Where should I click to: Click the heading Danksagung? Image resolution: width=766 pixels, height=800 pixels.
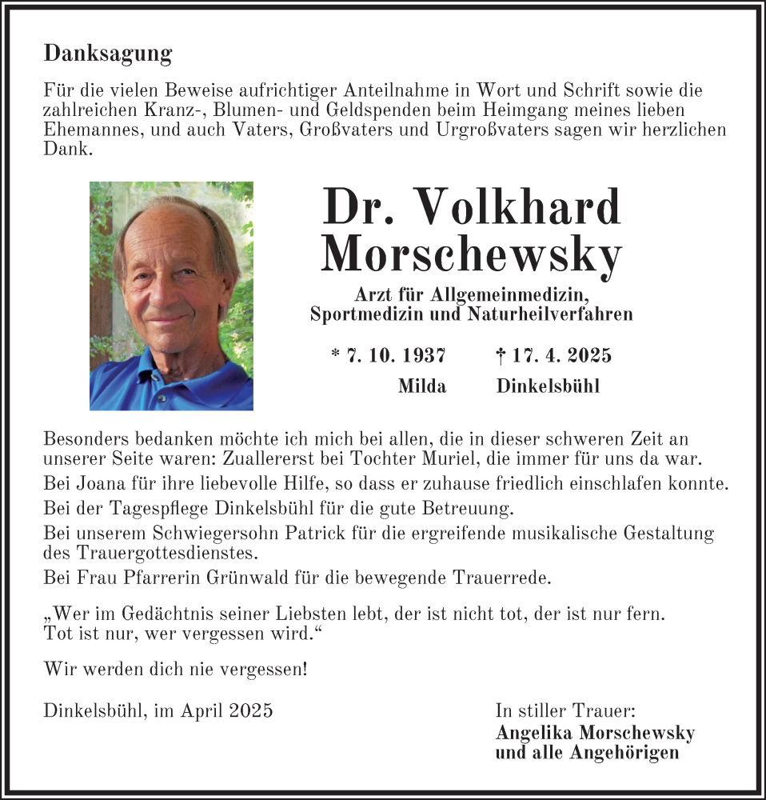pos(108,54)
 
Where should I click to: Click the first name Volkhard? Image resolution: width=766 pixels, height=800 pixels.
pos(519,206)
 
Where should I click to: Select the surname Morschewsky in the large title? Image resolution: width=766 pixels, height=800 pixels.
pos(471,255)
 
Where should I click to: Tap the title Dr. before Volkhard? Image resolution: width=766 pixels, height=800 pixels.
pos(358,206)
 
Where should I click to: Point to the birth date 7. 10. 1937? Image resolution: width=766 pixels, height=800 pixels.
pos(396,355)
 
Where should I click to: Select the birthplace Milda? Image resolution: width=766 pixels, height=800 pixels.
pos(422,386)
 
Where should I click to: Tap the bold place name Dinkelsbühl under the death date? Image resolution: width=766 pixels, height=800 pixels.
pos(548,386)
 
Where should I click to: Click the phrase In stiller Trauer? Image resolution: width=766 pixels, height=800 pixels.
pos(565,710)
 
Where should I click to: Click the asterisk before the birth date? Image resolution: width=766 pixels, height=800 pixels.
pos(335,354)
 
